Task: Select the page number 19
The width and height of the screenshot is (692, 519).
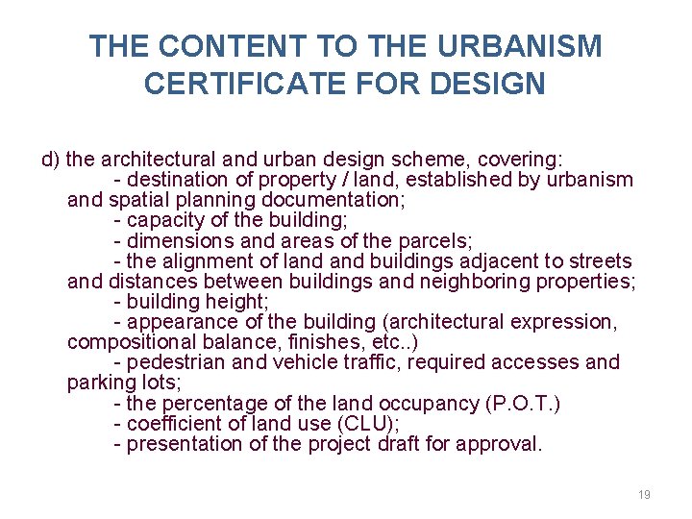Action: coord(644,494)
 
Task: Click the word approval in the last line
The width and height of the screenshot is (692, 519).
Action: coord(503,444)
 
